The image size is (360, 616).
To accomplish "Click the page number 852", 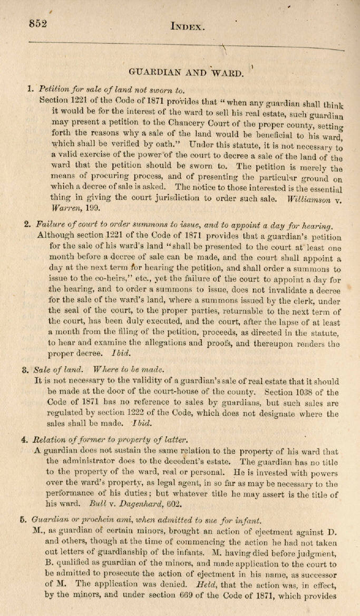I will tap(38, 24).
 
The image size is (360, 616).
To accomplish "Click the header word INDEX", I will tap(188, 26).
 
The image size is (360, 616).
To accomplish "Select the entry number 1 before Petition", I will tap(31, 89).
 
